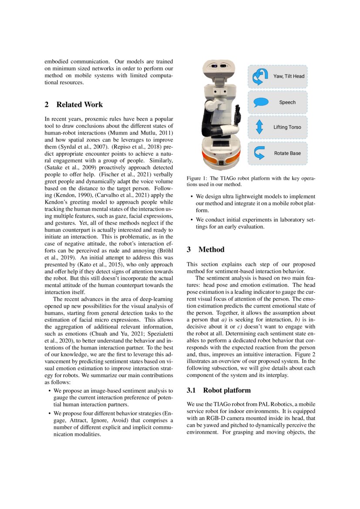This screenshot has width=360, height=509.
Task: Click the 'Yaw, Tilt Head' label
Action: (289, 76)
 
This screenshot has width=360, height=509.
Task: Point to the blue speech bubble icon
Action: (260, 102)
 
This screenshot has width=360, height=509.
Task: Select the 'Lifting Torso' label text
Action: (287, 128)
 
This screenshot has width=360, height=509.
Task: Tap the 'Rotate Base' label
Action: (287, 153)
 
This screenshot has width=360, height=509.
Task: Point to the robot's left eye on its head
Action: (215, 66)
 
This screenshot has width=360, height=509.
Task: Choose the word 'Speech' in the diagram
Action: (287, 102)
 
